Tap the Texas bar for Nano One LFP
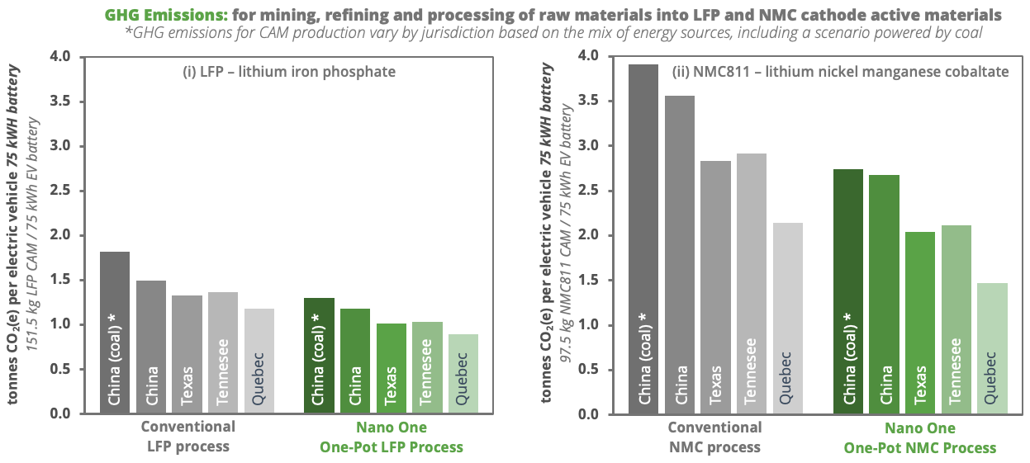click(391, 368)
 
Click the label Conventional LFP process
click(187, 437)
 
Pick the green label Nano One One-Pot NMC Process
click(920, 438)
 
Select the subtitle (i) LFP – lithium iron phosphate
click(289, 72)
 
